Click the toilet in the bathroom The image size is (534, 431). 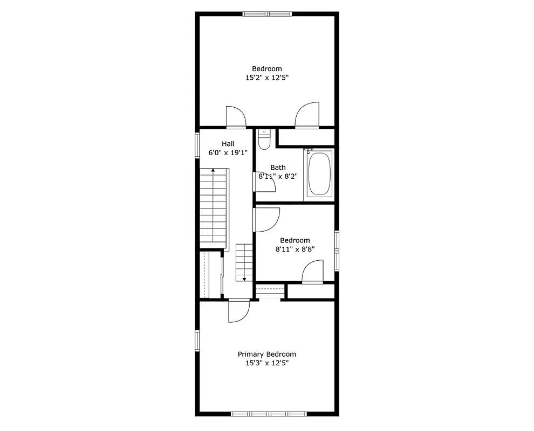pyautogui.click(x=264, y=140)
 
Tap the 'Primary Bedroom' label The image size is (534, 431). pyautogui.click(x=267, y=354)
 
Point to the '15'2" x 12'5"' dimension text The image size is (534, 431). pyautogui.click(x=267, y=78)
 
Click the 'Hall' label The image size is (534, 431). pyautogui.click(x=228, y=144)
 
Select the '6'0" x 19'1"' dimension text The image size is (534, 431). pyautogui.click(x=228, y=152)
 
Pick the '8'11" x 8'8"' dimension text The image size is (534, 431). pyautogui.click(x=295, y=249)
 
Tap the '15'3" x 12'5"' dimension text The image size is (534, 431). pyautogui.click(x=267, y=363)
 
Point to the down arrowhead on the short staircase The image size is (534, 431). pyautogui.click(x=244, y=279)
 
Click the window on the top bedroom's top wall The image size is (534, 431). pyautogui.click(x=267, y=14)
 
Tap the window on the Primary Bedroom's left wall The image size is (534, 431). pyautogui.click(x=197, y=340)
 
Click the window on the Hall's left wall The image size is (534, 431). pyautogui.click(x=197, y=144)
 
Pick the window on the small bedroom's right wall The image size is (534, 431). pyautogui.click(x=337, y=250)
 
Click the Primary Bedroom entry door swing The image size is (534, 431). pyautogui.click(x=238, y=311)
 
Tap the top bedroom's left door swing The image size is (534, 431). pyautogui.click(x=235, y=117)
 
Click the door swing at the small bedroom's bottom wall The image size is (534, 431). pyautogui.click(x=312, y=272)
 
